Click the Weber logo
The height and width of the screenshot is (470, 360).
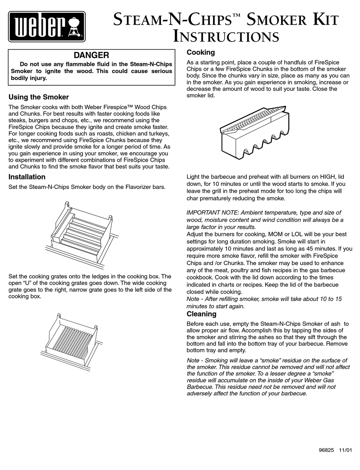tap(47, 26)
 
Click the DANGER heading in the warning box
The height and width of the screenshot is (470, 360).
tap(91, 55)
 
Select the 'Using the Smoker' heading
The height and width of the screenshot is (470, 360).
tap(39, 97)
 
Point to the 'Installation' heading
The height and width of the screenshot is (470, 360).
tap(27, 177)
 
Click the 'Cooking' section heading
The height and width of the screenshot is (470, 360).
tap(200, 52)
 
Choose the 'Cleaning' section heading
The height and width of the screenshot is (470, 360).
tap(201, 314)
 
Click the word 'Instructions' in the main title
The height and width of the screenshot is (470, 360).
tap(226, 37)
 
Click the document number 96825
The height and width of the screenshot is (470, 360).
tap(326, 450)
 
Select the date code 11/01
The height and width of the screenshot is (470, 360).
tap(345, 450)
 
